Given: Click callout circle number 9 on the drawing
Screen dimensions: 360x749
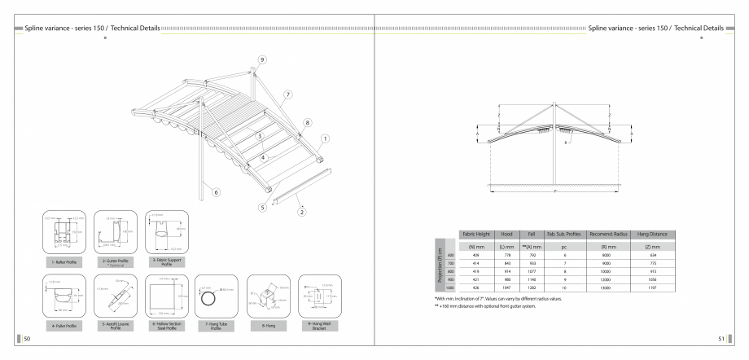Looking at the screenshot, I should pyautogui.click(x=262, y=60).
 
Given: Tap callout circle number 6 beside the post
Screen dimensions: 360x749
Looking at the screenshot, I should pyautogui.click(x=216, y=193).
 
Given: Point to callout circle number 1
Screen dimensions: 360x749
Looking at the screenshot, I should pyautogui.click(x=326, y=138).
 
